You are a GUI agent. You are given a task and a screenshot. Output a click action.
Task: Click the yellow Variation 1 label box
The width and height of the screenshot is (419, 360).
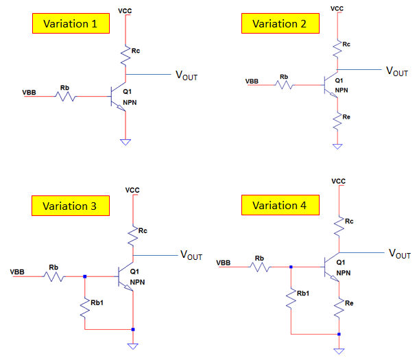click(x=70, y=24)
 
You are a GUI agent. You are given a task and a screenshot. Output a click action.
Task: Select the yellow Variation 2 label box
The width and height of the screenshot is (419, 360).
click(x=279, y=24)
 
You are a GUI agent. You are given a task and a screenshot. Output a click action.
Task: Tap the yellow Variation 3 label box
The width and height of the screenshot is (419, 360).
click(x=70, y=206)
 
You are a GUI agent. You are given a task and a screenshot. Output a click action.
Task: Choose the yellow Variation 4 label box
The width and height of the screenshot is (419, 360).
click(x=279, y=205)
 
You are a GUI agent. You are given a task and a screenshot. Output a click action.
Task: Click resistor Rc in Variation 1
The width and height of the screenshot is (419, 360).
click(x=125, y=54)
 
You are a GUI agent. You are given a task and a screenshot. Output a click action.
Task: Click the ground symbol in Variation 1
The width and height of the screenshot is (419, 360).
click(x=125, y=141)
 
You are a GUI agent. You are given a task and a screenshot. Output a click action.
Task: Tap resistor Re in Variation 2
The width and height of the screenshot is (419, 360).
click(x=337, y=122)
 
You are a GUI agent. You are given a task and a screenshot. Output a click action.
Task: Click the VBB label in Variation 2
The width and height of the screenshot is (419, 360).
click(x=252, y=82)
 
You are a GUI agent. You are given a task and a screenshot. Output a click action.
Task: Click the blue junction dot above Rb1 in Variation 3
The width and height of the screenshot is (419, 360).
click(x=84, y=277)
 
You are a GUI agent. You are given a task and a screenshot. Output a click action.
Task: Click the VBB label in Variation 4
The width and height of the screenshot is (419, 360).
click(x=223, y=263)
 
